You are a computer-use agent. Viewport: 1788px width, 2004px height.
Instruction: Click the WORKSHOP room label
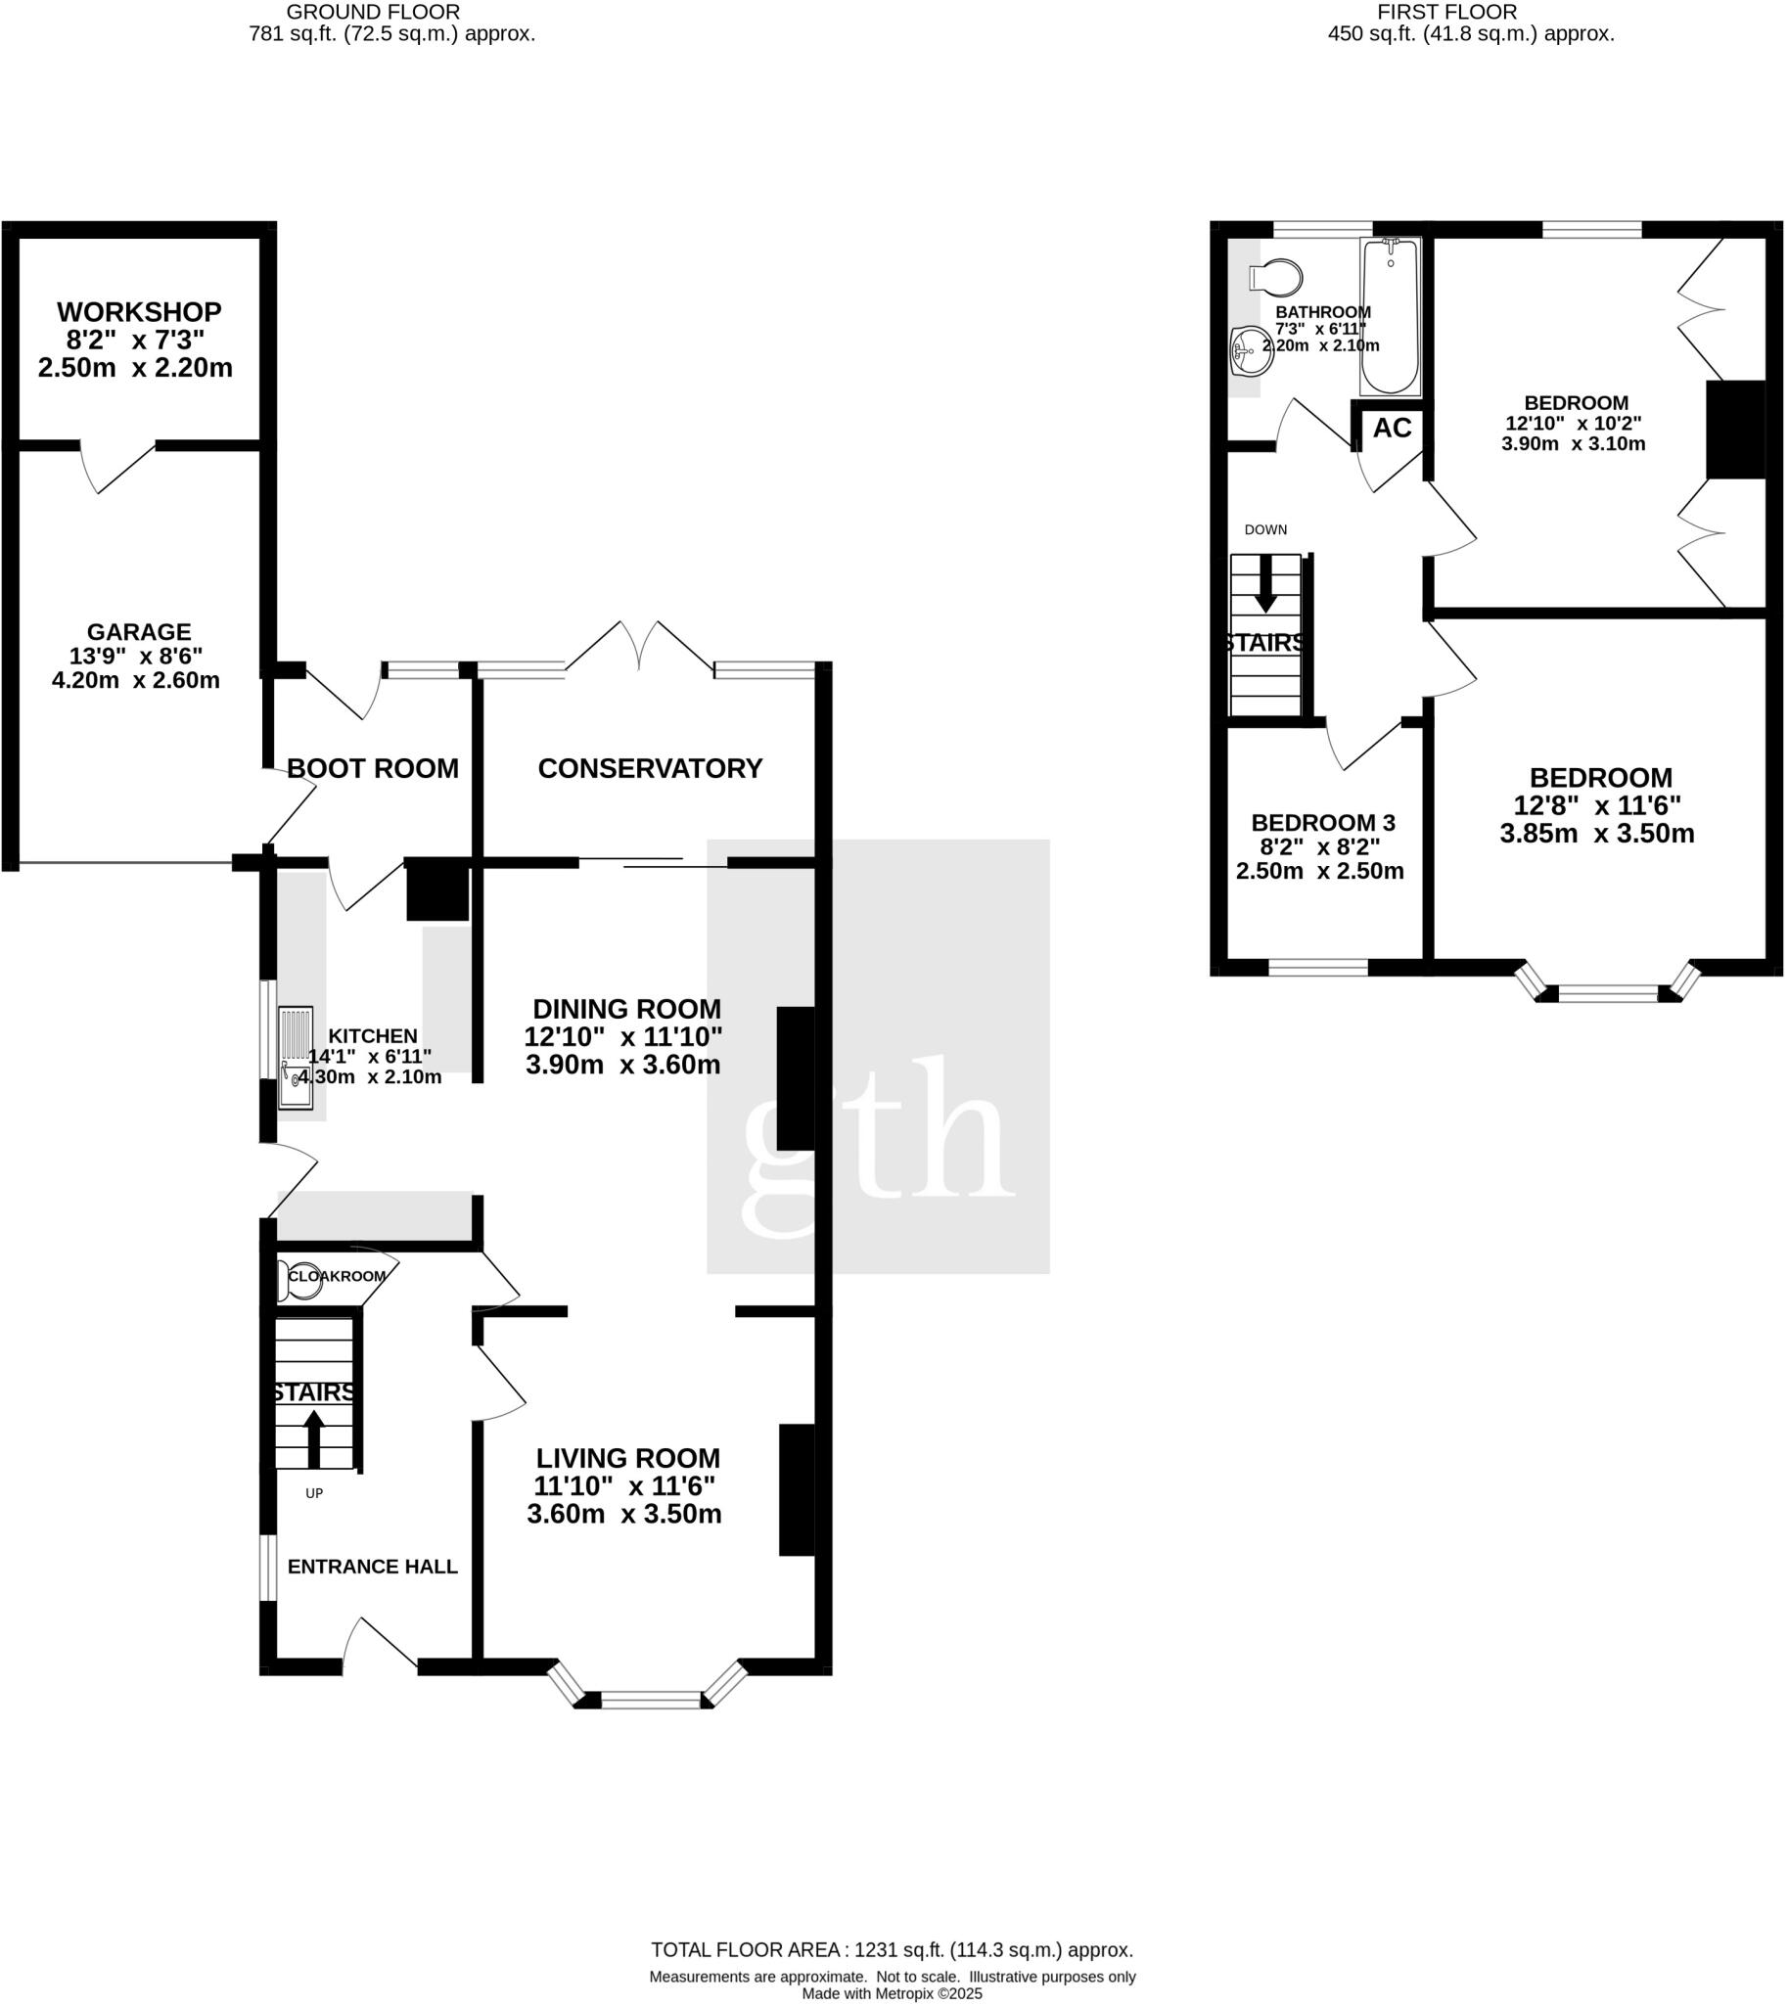pos(140,312)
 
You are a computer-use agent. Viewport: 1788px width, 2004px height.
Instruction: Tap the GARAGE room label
pos(139,632)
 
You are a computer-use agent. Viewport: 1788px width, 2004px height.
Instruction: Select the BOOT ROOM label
pos(372,768)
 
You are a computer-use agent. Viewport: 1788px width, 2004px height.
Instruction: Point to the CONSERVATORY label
pos(651,768)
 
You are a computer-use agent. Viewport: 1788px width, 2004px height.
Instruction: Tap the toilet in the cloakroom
pos(298,1281)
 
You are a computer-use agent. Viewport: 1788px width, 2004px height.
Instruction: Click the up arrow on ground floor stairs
pos(314,1440)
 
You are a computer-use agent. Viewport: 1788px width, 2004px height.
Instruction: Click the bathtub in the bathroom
pos(1390,315)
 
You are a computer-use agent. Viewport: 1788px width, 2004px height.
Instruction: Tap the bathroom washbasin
pos(1250,350)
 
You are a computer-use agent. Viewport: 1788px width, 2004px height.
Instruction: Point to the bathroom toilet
pos(1275,278)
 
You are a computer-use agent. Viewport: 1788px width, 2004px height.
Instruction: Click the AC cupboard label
pos(1392,429)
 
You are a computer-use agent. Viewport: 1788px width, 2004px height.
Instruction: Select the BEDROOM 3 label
pos(1322,823)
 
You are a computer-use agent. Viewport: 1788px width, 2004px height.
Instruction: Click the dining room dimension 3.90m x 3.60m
pos(623,1065)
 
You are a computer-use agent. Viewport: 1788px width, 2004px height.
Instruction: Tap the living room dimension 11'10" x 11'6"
pos(624,1486)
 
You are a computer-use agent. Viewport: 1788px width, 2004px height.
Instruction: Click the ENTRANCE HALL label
pos(372,1567)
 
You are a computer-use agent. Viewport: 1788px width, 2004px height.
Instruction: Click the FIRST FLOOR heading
pos(1447,12)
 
